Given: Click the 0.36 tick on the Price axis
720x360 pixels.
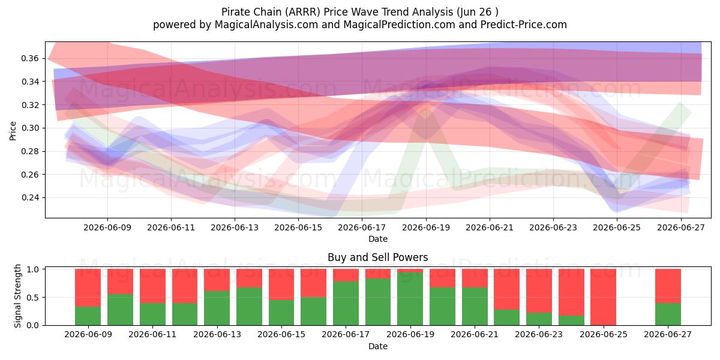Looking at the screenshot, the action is [x=30, y=59].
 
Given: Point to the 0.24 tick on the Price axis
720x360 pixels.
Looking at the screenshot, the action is [x=30, y=197].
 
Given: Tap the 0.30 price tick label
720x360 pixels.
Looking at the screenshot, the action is [x=30, y=128].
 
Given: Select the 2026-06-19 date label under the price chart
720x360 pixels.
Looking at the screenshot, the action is [x=426, y=228].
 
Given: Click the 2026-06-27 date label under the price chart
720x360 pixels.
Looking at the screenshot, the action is [x=681, y=228].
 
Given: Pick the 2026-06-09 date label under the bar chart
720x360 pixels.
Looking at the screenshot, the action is [x=88, y=335].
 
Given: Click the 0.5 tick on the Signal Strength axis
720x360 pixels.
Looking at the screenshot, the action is [x=34, y=298].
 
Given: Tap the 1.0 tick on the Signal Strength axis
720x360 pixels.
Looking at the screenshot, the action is [x=34, y=269].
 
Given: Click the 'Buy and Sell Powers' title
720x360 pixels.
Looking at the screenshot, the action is [x=377, y=257].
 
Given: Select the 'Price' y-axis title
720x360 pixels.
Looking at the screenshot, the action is [x=13, y=131].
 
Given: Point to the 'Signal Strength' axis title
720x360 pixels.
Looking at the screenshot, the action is [x=17, y=296].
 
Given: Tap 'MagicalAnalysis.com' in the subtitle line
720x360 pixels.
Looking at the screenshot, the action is [x=266, y=25].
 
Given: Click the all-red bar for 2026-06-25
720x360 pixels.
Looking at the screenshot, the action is [x=604, y=297].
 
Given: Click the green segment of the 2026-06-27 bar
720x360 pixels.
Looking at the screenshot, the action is [x=668, y=314].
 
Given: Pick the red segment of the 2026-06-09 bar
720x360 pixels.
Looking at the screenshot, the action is [x=88, y=287].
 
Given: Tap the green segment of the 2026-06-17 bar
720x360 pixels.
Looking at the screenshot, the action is [x=346, y=304].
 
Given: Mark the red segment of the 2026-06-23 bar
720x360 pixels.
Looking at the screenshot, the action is [x=539, y=291].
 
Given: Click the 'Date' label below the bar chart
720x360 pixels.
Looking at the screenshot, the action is [x=377, y=347].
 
